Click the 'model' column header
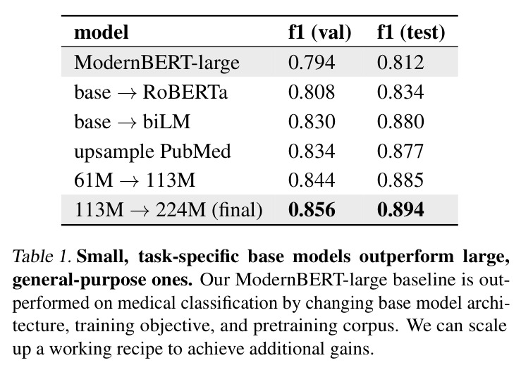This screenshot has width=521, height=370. click(x=101, y=32)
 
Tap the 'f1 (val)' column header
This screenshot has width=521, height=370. click(x=319, y=33)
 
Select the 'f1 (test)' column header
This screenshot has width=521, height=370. click(x=411, y=33)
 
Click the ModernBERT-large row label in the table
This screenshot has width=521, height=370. click(x=157, y=63)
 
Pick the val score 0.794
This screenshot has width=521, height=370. click(x=312, y=63)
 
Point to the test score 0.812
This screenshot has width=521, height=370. click(x=400, y=63)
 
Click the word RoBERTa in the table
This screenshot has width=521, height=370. click(x=185, y=92)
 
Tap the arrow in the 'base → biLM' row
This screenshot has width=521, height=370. click(x=127, y=123)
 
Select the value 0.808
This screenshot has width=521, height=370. click(x=312, y=92)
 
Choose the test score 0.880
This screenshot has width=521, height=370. click(x=400, y=121)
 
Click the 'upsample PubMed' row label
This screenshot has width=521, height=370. click(x=152, y=152)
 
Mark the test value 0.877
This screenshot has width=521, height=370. click(x=400, y=151)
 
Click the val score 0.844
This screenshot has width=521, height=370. click(x=312, y=180)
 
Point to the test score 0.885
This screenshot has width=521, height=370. click(x=400, y=180)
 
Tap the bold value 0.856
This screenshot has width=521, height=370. click(x=312, y=210)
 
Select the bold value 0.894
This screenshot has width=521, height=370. click(x=400, y=210)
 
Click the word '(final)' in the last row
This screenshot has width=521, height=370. click(x=237, y=210)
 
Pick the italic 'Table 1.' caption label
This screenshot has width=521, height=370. click(x=42, y=257)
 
